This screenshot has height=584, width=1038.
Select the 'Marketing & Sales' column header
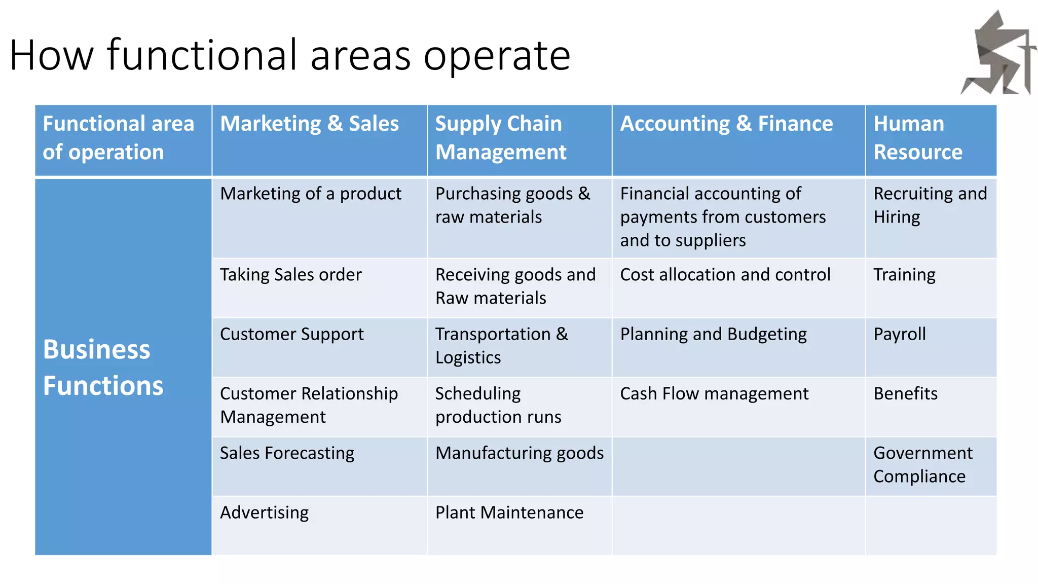click(x=310, y=124)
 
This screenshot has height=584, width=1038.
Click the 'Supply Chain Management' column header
click(x=500, y=138)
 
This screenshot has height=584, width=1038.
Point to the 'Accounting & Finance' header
click(x=726, y=124)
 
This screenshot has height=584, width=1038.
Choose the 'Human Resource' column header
click(x=918, y=138)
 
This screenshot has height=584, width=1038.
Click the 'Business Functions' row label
click(x=103, y=367)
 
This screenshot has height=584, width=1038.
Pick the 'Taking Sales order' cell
click(x=291, y=275)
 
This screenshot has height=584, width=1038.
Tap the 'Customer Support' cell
click(x=292, y=335)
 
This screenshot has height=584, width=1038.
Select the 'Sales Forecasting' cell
click(x=287, y=453)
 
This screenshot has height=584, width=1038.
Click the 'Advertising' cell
click(x=265, y=513)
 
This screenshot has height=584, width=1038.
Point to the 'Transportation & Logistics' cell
click(x=501, y=346)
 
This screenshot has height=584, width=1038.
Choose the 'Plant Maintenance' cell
click(x=509, y=513)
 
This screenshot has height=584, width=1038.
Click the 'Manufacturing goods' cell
click(x=520, y=453)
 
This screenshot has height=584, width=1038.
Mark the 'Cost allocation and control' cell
click(x=725, y=275)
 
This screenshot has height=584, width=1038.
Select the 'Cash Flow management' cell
click(x=714, y=394)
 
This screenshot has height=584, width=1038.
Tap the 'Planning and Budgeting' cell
click(x=714, y=335)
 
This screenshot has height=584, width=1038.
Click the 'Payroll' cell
click(x=900, y=335)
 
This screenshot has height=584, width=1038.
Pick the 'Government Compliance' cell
click(x=923, y=465)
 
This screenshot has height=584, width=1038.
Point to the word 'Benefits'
click(x=906, y=394)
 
